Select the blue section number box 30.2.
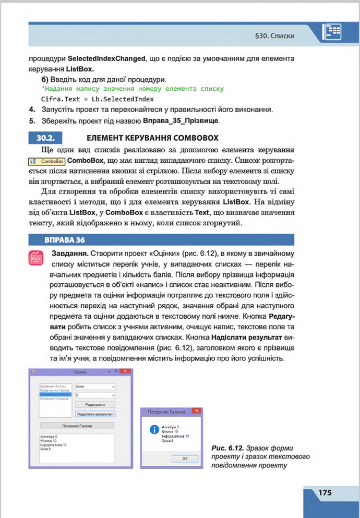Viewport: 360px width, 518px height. point(44,138)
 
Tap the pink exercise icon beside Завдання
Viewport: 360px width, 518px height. point(37,259)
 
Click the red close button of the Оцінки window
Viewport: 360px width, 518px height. point(126,371)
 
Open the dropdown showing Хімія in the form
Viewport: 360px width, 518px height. point(95,387)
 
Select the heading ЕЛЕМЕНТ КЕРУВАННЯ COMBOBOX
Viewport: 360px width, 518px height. point(152,138)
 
